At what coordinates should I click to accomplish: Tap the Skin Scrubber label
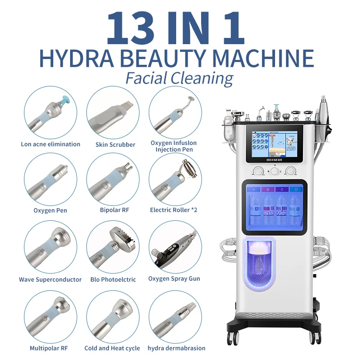[115, 144]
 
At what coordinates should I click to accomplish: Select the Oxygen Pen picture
[50, 180]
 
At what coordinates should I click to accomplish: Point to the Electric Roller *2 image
[175, 180]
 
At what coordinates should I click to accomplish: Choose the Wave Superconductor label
[50, 279]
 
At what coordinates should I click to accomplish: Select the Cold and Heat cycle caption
[112, 348]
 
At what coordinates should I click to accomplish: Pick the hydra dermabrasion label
[176, 348]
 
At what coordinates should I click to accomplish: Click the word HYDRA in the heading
[69, 58]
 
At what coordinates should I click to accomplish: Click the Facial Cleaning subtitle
[180, 78]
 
